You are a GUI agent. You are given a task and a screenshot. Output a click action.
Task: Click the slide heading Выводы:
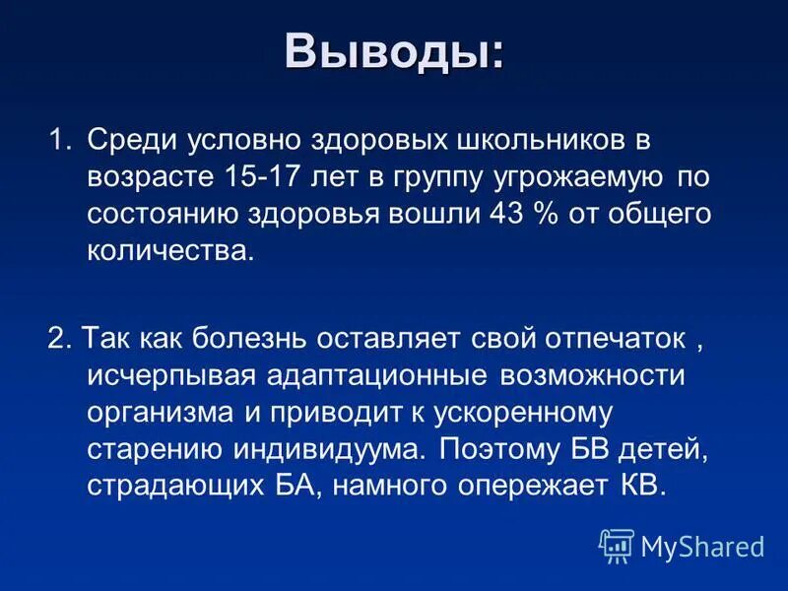394,51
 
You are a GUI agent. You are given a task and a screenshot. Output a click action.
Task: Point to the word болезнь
265,338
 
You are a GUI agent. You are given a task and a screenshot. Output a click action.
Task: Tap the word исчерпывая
171,375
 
